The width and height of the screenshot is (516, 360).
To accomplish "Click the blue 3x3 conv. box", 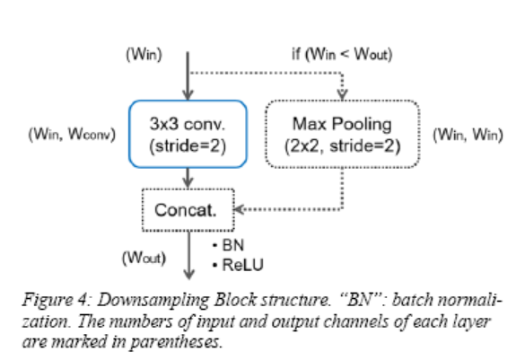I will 187,134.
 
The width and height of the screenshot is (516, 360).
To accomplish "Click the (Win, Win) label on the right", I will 466,135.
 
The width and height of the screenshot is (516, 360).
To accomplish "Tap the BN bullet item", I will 230,243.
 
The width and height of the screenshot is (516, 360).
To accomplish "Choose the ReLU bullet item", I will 236,263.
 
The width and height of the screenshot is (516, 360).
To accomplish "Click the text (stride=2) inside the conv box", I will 187,145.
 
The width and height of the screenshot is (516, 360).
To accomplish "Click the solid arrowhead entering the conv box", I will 187,95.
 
